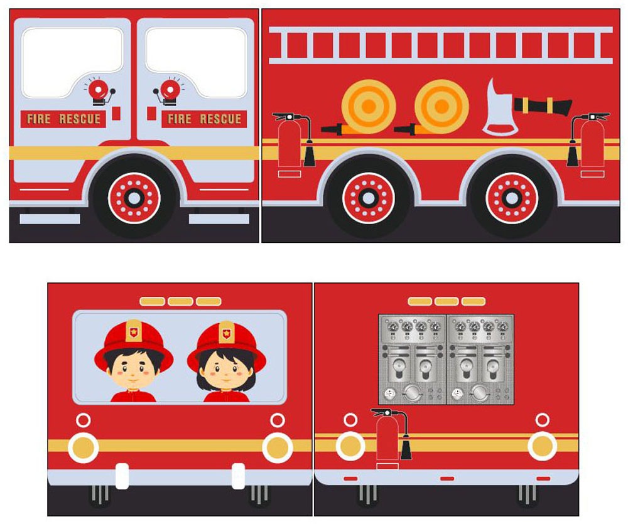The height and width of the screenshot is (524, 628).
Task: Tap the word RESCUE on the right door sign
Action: [x=220, y=119]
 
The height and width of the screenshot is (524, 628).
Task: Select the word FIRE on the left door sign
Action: [x=39, y=119]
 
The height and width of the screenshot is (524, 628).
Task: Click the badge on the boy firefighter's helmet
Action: [x=133, y=331]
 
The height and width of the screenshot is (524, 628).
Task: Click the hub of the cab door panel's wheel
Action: [x=134, y=198]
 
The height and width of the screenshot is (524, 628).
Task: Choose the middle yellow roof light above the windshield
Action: [x=180, y=301]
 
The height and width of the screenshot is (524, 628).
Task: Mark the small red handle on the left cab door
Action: [x=116, y=113]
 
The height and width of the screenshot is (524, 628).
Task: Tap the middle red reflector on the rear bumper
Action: [x=447, y=478]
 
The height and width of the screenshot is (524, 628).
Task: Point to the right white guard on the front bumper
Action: [x=238, y=476]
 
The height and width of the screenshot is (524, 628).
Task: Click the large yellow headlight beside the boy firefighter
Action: [x=84, y=447]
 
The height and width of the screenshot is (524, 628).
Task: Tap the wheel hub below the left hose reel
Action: [x=368, y=198]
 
